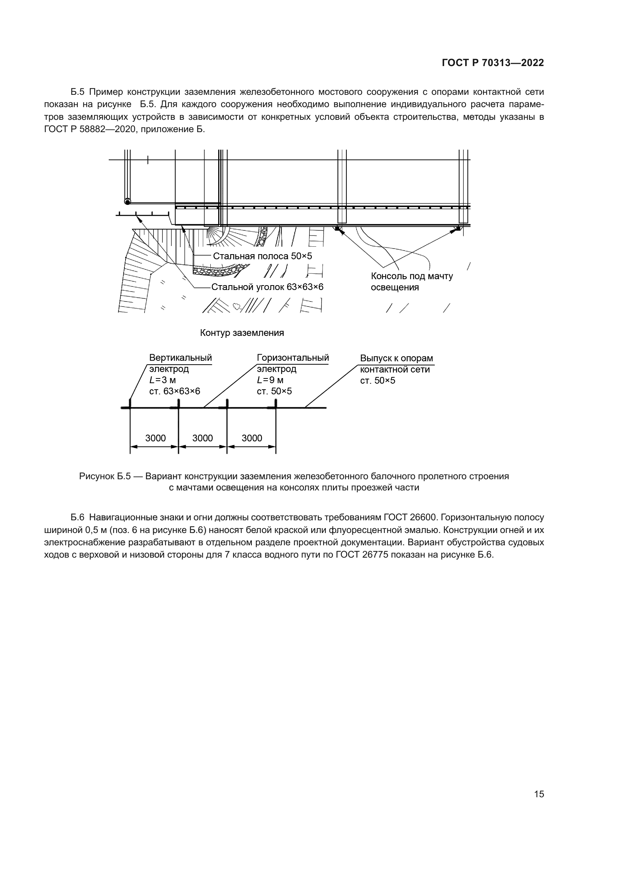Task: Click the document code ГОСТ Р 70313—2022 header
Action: tap(493, 63)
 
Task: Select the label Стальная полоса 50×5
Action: tap(262, 256)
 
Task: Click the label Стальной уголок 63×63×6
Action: tap(267, 287)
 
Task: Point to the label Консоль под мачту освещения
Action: tap(411, 282)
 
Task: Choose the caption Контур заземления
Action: tap(242, 333)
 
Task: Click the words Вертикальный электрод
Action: tap(180, 363)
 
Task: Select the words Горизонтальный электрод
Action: tap(293, 363)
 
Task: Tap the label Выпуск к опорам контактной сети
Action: tap(396, 364)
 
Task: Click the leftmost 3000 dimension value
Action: tap(155, 438)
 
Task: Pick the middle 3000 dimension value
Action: tap(203, 438)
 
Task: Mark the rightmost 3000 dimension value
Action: tap(252, 438)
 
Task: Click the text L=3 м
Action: tap(163, 380)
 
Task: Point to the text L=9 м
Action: tap(270, 380)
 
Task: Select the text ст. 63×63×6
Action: tap(174, 391)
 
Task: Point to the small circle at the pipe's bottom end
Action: tap(127, 202)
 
